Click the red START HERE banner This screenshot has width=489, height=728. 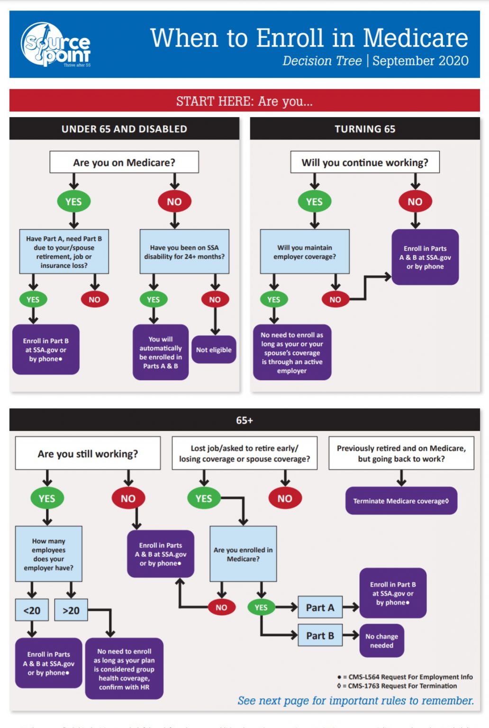pyautogui.click(x=244, y=101)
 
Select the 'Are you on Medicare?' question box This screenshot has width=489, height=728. pyautogui.click(x=124, y=163)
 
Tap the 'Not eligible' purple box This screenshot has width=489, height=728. pyautogui.click(x=214, y=350)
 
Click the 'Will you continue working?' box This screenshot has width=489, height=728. pyautogui.click(x=365, y=163)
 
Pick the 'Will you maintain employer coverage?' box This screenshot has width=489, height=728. pyautogui.click(x=305, y=252)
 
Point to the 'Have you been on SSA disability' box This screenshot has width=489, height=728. pyautogui.click(x=184, y=252)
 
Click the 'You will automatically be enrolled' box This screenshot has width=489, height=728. pyautogui.click(x=161, y=352)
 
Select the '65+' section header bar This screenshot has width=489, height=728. pyautogui.click(x=244, y=420)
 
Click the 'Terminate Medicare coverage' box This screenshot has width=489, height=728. pyautogui.click(x=401, y=501)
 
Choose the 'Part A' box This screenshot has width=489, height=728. pyautogui.click(x=320, y=608)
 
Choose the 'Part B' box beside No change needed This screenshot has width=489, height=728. pyautogui.click(x=320, y=636)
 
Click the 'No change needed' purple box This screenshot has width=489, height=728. pyautogui.click(x=381, y=641)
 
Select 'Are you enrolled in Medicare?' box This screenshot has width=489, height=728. pyautogui.click(x=243, y=554)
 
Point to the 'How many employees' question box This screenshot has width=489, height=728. pyautogui.click(x=49, y=554)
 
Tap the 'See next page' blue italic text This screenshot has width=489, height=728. pyautogui.click(x=355, y=701)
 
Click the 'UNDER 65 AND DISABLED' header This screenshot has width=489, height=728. pyautogui.click(x=124, y=129)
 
